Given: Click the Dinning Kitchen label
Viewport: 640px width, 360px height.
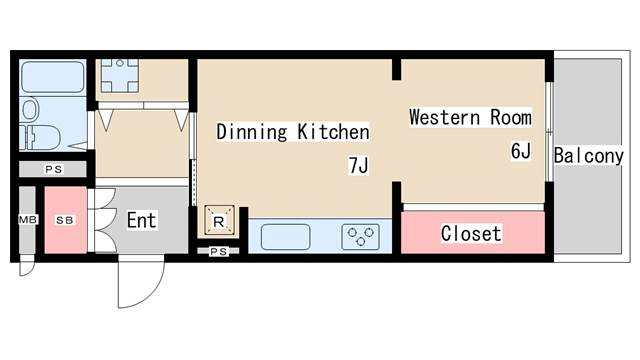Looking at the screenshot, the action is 293,132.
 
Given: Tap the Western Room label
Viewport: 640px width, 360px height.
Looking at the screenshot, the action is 470,118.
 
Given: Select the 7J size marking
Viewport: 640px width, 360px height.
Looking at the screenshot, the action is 358,165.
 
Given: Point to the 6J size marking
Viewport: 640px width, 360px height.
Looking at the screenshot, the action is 521,151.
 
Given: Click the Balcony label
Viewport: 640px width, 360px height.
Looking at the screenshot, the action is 589,156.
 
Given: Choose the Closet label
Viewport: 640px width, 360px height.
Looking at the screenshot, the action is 471,233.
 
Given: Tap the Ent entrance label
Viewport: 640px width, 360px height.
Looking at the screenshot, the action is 141,220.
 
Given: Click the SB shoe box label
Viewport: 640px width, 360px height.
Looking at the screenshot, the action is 65,220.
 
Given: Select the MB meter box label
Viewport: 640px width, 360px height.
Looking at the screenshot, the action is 28,220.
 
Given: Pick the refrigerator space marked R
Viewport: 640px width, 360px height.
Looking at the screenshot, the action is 219,220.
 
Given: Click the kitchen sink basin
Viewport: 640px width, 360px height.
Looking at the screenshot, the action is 285,237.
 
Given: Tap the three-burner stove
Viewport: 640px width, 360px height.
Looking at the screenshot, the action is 360,237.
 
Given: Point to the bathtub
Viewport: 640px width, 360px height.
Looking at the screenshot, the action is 53,77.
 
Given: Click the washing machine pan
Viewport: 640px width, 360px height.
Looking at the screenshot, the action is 119,76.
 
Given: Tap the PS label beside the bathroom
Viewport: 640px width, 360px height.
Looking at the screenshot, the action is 53,169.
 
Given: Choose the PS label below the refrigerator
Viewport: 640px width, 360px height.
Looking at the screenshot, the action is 218,252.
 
